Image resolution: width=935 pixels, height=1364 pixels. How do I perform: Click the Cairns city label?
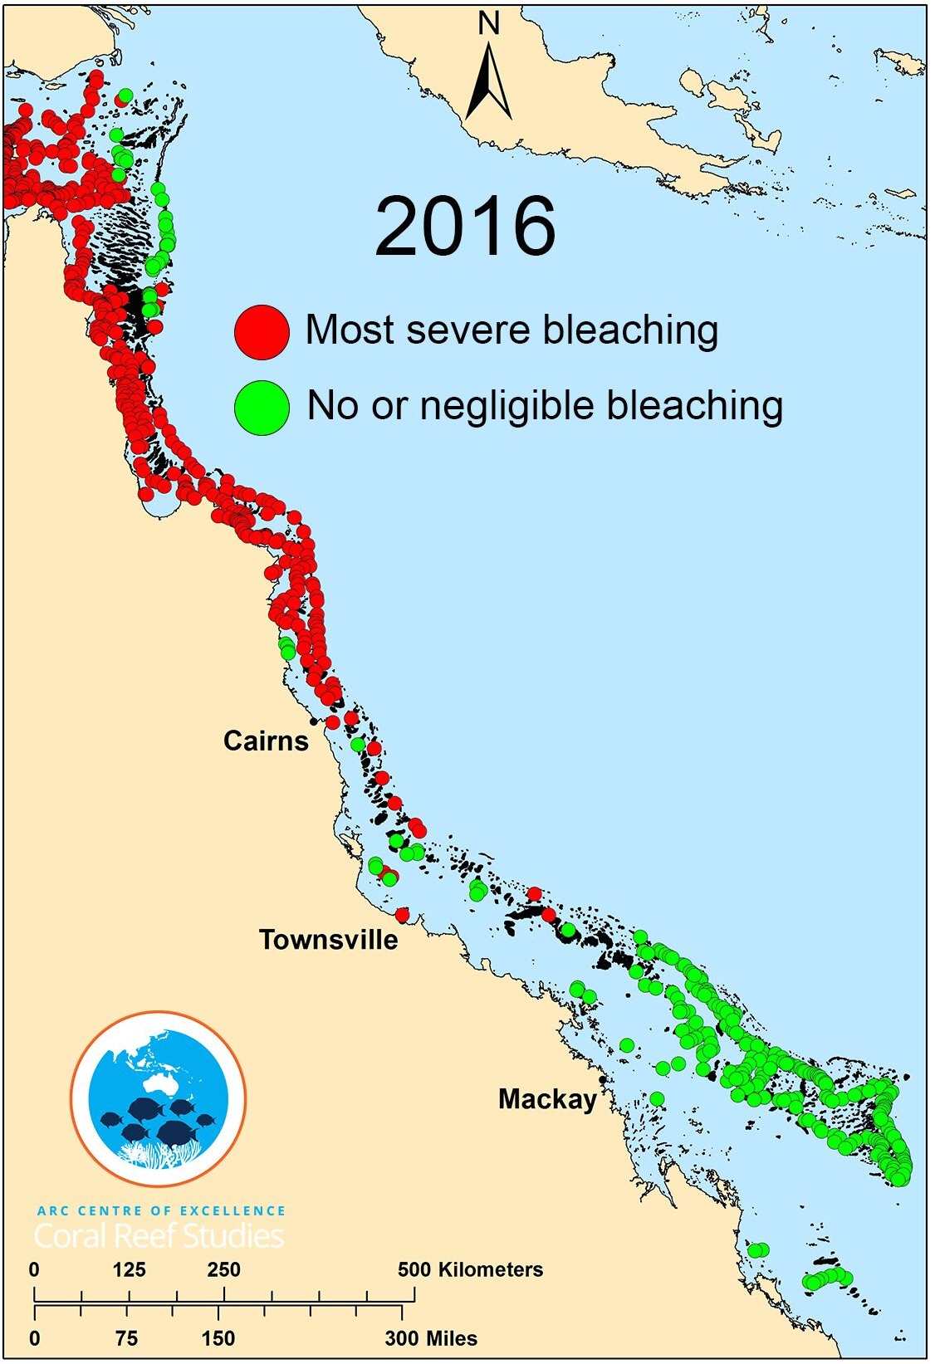point(266,741)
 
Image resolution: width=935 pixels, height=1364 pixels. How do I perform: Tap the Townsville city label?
point(328,940)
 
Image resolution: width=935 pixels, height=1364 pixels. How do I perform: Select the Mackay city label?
point(547,1099)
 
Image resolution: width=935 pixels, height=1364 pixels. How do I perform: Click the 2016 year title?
point(465,227)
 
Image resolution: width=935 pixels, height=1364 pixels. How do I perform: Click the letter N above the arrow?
point(489,24)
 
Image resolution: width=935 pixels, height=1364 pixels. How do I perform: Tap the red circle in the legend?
point(262,331)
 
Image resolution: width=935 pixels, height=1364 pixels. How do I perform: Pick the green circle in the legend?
point(262,407)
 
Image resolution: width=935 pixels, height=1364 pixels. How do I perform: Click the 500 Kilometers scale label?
point(470,1269)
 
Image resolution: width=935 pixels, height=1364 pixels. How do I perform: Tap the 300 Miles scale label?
point(431,1338)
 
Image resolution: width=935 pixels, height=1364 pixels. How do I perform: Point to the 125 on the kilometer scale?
point(129,1269)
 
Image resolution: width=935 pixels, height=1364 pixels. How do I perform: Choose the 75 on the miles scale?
point(126,1338)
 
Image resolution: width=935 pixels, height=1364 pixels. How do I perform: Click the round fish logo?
point(158,1098)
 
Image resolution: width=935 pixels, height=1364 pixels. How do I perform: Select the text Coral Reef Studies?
point(159,1236)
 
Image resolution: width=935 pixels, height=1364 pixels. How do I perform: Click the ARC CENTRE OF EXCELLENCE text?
point(161,1211)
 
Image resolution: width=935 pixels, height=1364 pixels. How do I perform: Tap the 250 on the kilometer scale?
point(223,1269)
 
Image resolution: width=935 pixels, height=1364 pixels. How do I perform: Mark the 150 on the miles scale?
point(218,1338)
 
